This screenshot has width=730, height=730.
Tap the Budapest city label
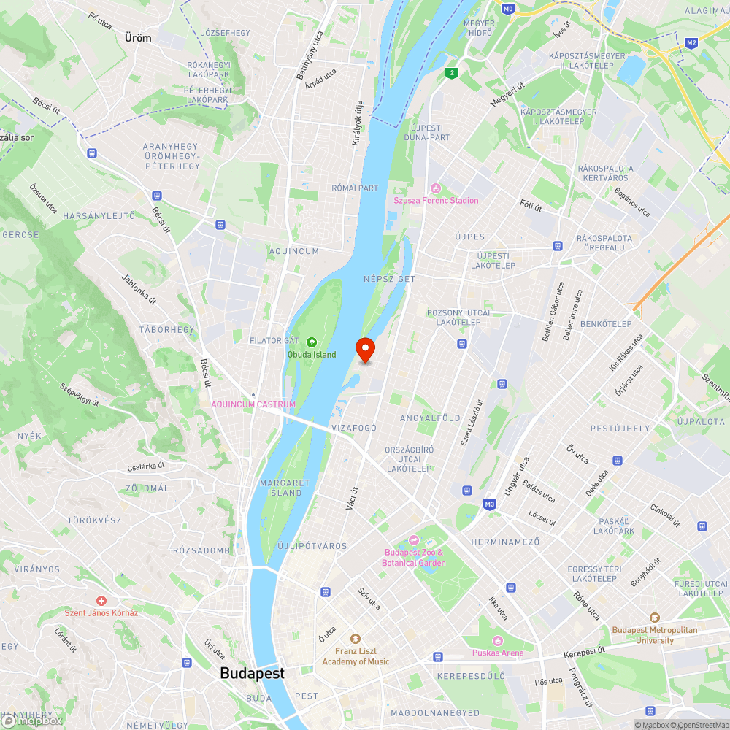(x=252, y=673)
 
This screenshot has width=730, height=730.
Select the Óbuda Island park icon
(x=312, y=342)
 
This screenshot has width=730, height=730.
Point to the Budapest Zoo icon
(x=414, y=540)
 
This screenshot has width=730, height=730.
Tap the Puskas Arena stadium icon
(x=499, y=640)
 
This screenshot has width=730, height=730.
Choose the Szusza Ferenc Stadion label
(x=436, y=200)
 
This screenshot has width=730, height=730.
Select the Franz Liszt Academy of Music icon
(x=356, y=639)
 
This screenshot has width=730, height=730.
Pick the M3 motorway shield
(x=490, y=504)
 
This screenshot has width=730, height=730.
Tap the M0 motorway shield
(x=509, y=9)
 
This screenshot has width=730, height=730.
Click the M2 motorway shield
(x=692, y=44)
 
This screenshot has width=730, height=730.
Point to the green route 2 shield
(x=453, y=72)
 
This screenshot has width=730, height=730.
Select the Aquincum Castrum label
(x=253, y=404)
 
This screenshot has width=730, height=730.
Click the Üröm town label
(x=138, y=38)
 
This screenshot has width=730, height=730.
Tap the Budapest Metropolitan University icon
(x=655, y=618)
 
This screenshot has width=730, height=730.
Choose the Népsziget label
(x=389, y=279)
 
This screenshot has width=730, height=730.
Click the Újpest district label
(x=473, y=237)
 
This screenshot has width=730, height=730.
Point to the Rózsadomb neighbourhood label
(x=201, y=550)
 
